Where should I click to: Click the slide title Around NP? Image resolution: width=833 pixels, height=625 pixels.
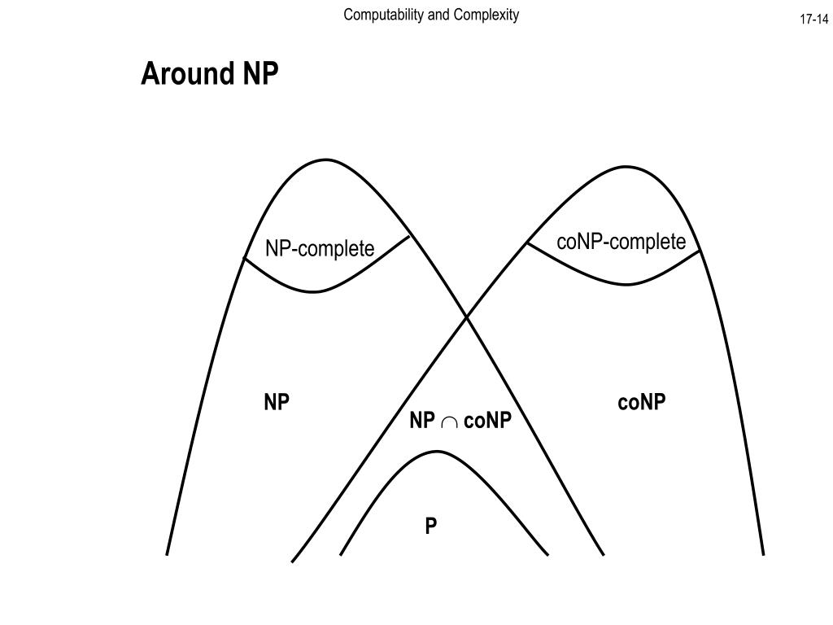tap(210, 74)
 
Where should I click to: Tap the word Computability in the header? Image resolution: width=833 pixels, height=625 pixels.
tap(377, 15)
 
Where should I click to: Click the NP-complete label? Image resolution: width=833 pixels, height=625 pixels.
tap(320, 248)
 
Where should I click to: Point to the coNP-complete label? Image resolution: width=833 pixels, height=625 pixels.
tap(621, 242)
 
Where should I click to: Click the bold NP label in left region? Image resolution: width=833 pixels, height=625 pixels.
tap(277, 402)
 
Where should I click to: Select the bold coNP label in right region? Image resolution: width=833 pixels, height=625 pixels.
tap(642, 402)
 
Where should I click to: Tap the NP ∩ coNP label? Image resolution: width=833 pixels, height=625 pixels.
tap(460, 420)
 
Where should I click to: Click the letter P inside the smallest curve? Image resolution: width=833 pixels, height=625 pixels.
tap(430, 527)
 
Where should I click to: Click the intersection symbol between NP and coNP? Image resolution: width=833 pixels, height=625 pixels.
tap(449, 422)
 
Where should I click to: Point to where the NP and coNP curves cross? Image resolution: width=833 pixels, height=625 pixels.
tap(467, 317)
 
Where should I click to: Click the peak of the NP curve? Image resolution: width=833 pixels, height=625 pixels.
tap(326, 160)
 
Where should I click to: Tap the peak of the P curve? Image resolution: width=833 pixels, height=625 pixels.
tap(437, 452)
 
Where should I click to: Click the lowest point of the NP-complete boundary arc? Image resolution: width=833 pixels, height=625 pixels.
tap(316, 291)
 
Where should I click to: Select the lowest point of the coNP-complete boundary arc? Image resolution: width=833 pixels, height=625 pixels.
tap(626, 284)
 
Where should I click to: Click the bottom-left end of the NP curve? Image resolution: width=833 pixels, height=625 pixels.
tap(167, 554)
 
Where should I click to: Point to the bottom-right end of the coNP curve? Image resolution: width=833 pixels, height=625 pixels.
tap(763, 554)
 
